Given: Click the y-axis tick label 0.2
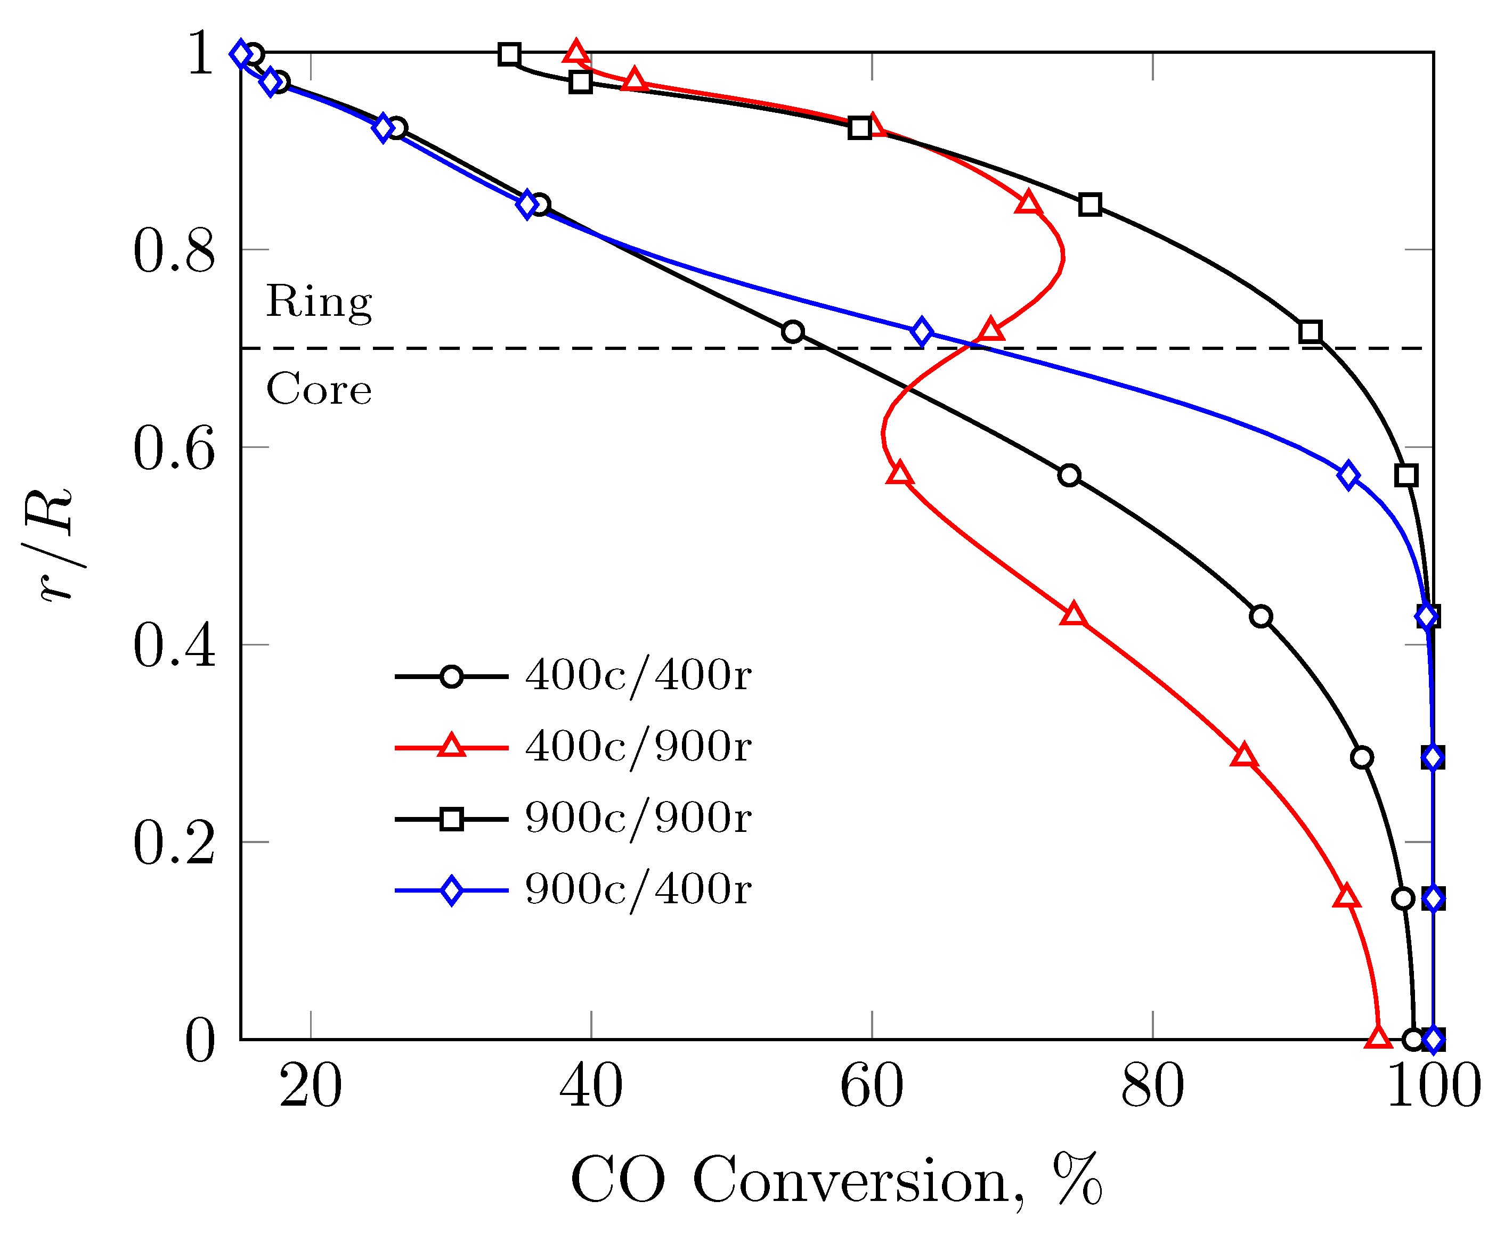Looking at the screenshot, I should point(174,844).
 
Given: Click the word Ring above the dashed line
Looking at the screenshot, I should point(319,302).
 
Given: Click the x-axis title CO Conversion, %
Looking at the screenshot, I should point(835,1180).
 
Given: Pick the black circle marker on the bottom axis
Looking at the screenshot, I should point(1413,1039).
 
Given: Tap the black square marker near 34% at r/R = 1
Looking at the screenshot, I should point(508,54).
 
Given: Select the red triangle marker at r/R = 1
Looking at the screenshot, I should point(575,53).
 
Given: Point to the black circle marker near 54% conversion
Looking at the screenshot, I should point(792,331).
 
